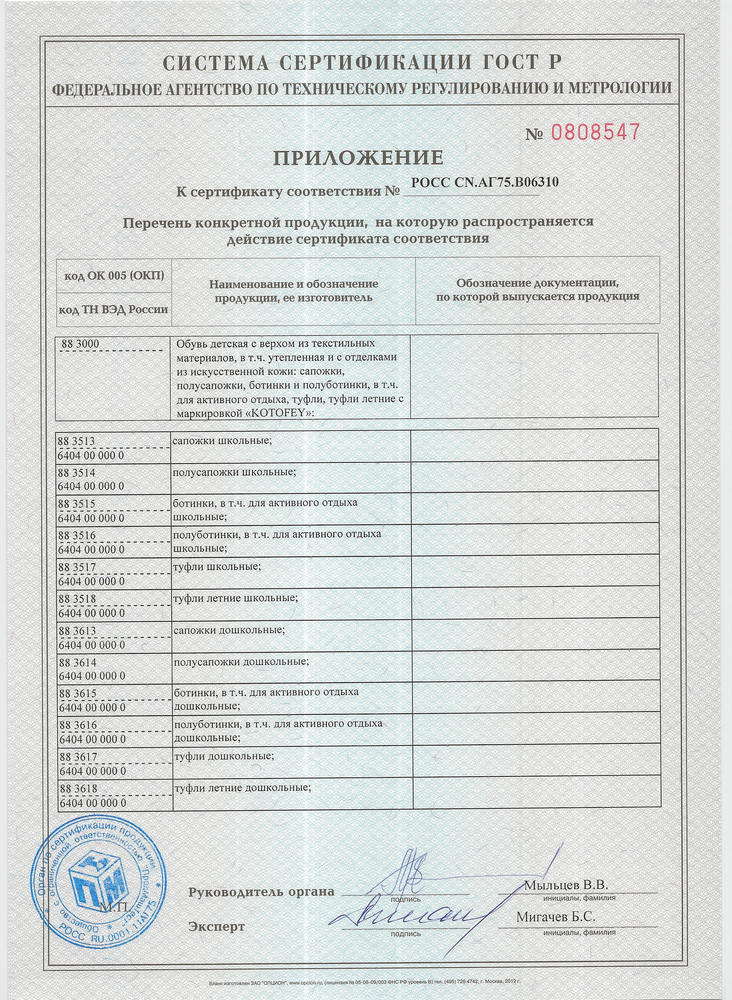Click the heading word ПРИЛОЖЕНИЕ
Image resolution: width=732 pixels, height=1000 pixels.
[x=358, y=158]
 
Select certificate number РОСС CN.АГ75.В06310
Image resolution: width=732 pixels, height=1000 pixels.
[x=484, y=182]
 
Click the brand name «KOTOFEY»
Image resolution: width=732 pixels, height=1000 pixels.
[x=282, y=412]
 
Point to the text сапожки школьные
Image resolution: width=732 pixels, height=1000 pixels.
[x=222, y=440]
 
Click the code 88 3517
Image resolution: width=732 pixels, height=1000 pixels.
[x=77, y=567]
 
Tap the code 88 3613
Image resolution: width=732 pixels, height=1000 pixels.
[x=77, y=630]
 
